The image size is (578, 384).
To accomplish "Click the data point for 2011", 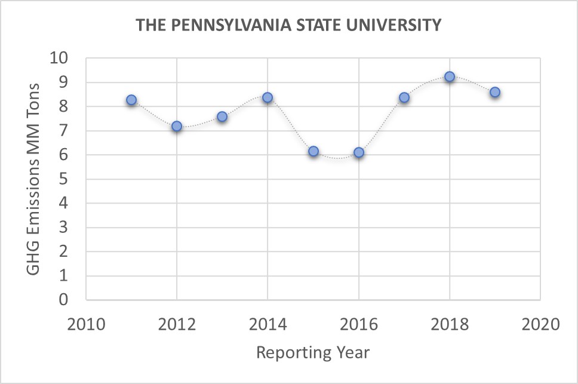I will [131, 100].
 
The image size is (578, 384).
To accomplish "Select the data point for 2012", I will [177, 126].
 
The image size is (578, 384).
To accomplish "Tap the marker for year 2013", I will [222, 116].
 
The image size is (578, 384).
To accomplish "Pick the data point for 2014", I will [268, 97].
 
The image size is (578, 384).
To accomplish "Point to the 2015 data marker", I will [313, 151].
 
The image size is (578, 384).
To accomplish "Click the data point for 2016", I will [359, 152].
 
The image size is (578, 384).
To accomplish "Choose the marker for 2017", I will [404, 97].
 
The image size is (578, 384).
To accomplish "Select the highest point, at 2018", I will [450, 76].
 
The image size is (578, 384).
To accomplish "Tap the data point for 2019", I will [495, 92].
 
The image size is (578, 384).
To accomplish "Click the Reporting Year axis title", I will [313, 352].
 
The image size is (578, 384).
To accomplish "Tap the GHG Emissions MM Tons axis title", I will [33, 179].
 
